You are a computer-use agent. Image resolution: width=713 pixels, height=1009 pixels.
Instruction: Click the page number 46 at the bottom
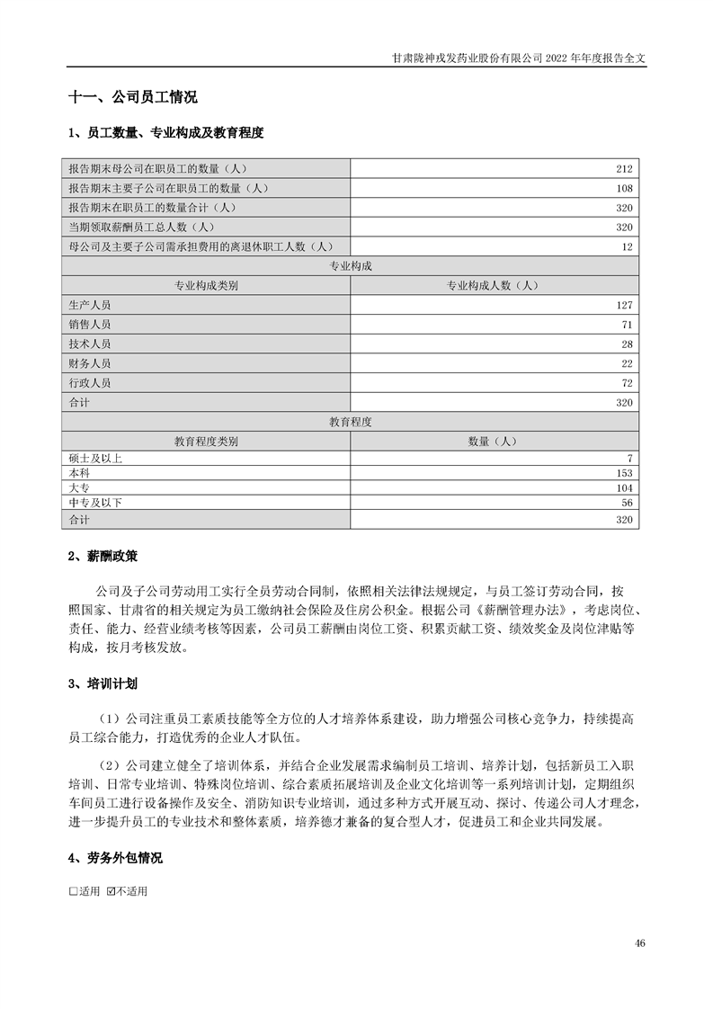pyautogui.click(x=639, y=942)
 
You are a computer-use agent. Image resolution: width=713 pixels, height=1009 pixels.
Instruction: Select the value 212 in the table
pyautogui.click(x=625, y=169)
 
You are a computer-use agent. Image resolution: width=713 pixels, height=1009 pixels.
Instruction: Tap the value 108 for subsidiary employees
pyautogui.click(x=625, y=189)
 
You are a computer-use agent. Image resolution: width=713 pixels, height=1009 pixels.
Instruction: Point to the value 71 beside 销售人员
pyautogui.click(x=628, y=325)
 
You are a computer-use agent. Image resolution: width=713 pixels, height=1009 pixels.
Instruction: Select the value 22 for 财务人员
pyautogui.click(x=628, y=363)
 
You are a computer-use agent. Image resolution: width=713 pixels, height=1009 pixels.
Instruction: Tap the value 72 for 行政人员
pyautogui.click(x=628, y=383)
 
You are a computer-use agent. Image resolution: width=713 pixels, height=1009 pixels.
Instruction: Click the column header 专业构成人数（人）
pyautogui.click(x=494, y=286)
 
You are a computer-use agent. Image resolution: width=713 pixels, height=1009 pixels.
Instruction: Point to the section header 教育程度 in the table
pyautogui.click(x=351, y=421)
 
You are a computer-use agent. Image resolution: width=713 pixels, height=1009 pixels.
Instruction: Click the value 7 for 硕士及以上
pyautogui.click(x=631, y=458)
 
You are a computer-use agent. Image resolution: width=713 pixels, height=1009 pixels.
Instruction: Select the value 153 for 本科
pyautogui.click(x=625, y=473)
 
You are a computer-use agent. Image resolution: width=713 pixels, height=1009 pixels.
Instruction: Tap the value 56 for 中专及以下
pyautogui.click(x=628, y=503)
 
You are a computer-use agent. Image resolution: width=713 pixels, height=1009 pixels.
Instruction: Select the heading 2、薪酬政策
pyautogui.click(x=103, y=557)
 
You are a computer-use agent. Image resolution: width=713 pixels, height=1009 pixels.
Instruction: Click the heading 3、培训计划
pyautogui.click(x=103, y=684)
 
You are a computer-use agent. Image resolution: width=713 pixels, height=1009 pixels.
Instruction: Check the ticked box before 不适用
pyautogui.click(x=111, y=892)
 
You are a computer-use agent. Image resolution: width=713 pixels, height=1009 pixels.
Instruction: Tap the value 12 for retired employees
pyautogui.click(x=628, y=246)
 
